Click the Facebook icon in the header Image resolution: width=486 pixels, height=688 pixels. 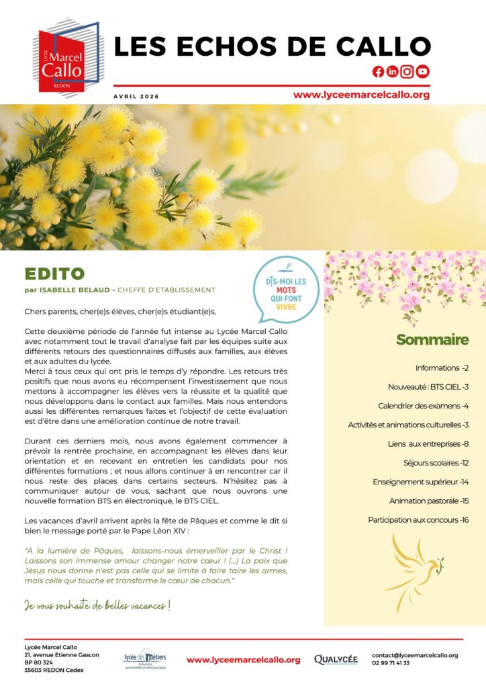[378, 72]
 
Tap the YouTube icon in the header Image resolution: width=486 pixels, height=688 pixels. [422, 72]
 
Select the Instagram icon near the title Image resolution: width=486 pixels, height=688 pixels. [407, 72]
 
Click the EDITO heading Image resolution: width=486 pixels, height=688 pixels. [54, 273]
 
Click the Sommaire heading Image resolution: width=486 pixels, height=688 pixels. [432, 340]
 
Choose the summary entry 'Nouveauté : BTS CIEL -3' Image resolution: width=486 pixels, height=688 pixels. [428, 387]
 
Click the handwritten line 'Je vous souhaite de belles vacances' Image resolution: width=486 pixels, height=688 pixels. [97, 605]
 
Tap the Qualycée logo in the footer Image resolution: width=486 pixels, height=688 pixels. [336, 659]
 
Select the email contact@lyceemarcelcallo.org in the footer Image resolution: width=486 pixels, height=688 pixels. [415, 655]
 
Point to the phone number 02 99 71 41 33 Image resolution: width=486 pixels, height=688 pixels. [391, 663]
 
